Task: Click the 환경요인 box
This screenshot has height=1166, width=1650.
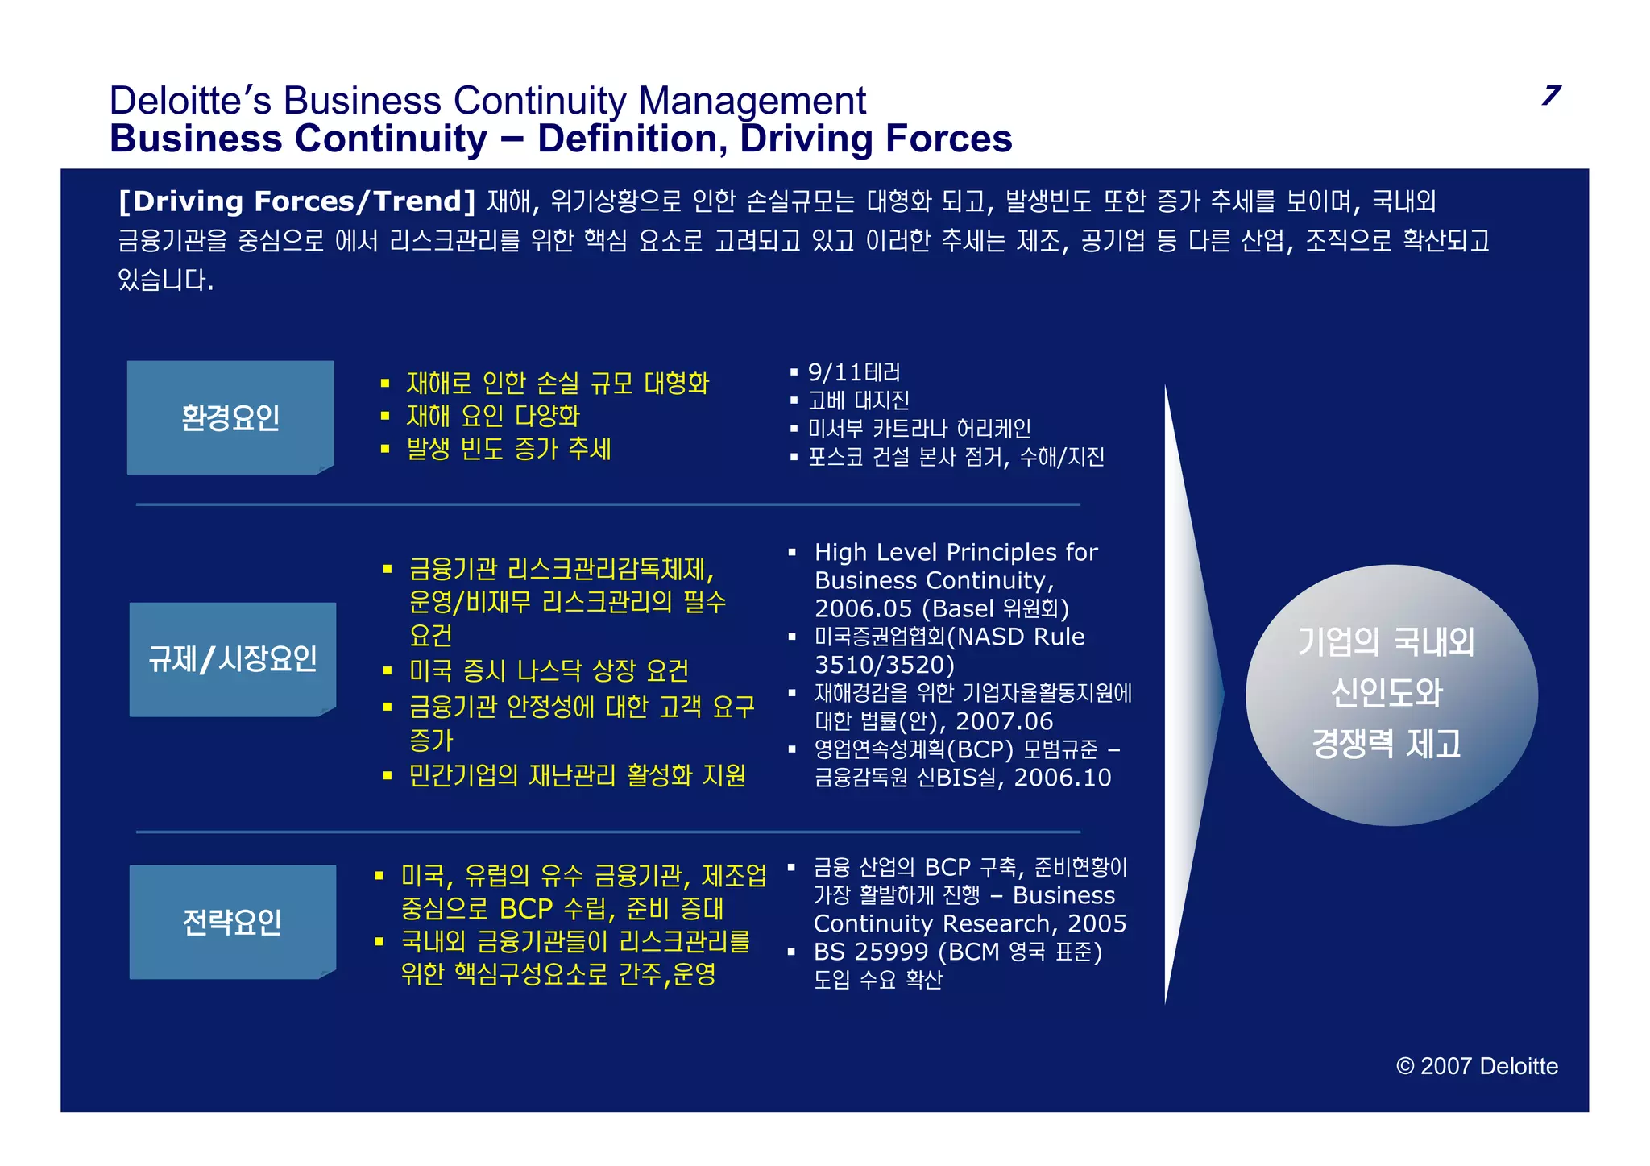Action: tap(230, 417)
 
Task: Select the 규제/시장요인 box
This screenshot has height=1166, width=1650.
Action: tap(232, 659)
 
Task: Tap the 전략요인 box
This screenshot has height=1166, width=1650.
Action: tap(232, 922)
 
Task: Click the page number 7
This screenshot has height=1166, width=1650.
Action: tap(1551, 95)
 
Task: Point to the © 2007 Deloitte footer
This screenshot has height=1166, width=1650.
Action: tap(1477, 1066)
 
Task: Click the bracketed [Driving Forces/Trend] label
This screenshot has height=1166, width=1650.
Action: tap(297, 201)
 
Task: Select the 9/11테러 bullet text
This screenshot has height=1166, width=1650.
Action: tap(854, 372)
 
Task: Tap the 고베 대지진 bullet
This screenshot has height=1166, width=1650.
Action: tap(859, 400)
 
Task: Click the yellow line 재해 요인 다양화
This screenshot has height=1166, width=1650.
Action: tap(493, 416)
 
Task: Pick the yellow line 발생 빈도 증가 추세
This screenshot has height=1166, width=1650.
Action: tap(509, 449)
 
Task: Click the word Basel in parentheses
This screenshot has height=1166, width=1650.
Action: tap(961, 608)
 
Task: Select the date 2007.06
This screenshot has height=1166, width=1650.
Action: tap(1005, 721)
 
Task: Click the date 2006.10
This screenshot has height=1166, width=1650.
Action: tap(1062, 778)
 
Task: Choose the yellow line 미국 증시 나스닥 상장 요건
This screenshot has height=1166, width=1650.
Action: tap(549, 670)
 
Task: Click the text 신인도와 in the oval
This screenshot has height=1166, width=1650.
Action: tap(1387, 693)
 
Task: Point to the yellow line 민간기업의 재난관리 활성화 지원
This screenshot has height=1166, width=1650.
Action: tap(577, 775)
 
